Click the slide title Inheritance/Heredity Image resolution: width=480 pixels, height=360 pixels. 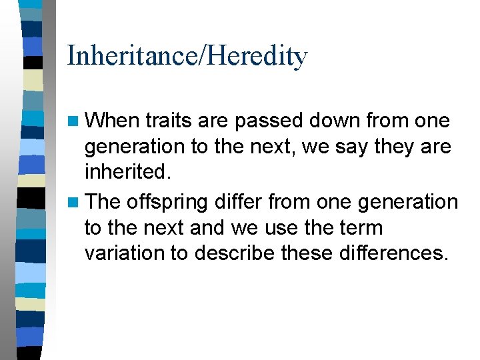pyautogui.click(x=187, y=56)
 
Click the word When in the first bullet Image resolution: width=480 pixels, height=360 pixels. pyautogui.click(x=113, y=121)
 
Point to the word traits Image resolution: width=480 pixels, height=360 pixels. pyautogui.click(x=167, y=121)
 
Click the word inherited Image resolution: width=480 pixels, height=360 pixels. pyautogui.click(x=127, y=172)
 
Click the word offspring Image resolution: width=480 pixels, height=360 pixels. pyautogui.click(x=167, y=202)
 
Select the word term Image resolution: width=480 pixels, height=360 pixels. pyautogui.click(x=360, y=228)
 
